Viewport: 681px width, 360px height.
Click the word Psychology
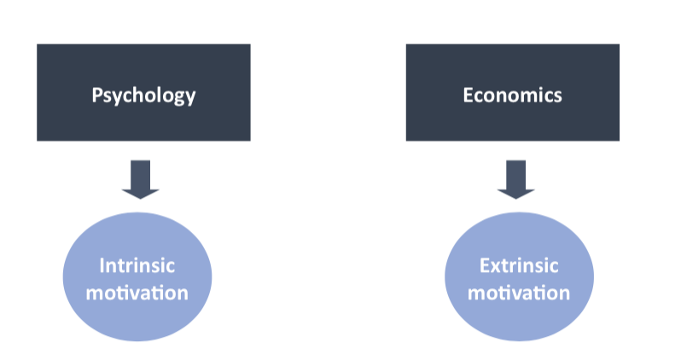click(143, 95)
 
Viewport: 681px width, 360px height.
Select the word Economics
click(512, 94)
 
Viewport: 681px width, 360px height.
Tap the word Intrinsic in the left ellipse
click(137, 265)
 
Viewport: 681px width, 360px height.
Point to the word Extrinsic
click(519, 265)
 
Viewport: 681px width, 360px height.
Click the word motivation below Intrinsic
click(137, 293)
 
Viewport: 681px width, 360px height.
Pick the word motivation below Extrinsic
click(519, 293)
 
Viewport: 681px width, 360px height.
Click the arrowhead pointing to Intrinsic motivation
click(141, 192)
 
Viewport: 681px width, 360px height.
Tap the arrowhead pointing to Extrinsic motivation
click(515, 192)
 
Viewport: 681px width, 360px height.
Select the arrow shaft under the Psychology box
click(141, 172)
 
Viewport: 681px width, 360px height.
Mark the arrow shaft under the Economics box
click(515, 172)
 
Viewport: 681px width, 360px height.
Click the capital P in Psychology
click(97, 95)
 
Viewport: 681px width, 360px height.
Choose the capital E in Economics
click(468, 94)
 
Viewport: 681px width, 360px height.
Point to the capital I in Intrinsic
click(102, 265)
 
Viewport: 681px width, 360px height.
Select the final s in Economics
click(557, 95)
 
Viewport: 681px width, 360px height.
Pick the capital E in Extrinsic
click(483, 265)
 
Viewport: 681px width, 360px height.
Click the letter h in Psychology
click(138, 94)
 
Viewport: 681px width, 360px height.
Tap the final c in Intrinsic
click(171, 266)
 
